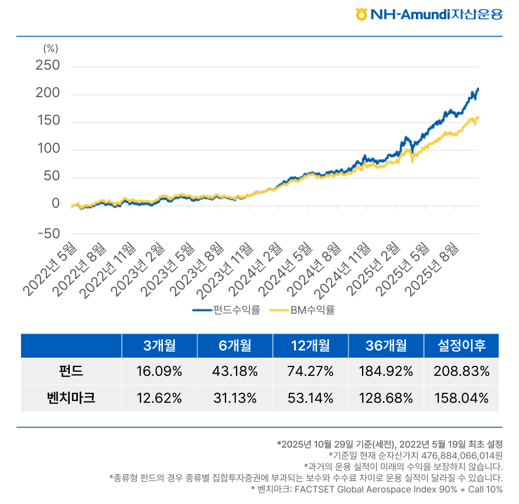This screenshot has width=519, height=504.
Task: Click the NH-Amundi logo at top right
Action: [429, 14]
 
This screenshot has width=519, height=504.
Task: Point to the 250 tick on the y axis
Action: [47, 66]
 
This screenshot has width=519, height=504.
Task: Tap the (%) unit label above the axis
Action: [51, 49]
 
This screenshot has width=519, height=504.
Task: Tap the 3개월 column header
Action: [160, 345]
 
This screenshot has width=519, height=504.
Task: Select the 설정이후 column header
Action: [462, 345]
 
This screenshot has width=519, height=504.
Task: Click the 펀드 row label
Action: [71, 371]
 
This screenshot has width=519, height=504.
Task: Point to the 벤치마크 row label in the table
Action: [71, 399]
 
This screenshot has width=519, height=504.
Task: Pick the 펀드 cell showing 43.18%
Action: [235, 371]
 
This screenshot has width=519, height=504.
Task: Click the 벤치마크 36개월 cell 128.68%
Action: [386, 399]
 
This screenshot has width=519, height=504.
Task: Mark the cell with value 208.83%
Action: [462, 371]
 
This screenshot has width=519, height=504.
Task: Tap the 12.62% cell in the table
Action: [159, 399]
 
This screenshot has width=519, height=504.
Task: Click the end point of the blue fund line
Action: [478, 89]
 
